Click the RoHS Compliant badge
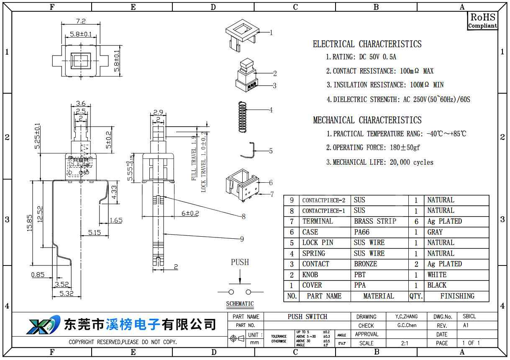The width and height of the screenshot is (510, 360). click(482, 20)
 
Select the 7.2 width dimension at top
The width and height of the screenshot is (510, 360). click(81, 21)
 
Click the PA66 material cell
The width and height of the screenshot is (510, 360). click(362, 232)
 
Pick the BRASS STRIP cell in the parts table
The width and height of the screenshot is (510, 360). click(375, 221)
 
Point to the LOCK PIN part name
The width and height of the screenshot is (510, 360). click(318, 243)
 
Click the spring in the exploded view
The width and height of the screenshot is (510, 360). click(242, 117)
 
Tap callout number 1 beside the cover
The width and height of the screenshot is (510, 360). click(271, 32)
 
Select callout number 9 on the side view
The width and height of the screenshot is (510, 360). click(242, 239)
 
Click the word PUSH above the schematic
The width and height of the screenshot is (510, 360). click(240, 262)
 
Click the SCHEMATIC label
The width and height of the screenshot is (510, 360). click(240, 304)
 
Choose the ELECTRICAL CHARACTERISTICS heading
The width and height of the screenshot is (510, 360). click(367, 44)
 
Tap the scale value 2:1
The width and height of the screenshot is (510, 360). click(405, 343)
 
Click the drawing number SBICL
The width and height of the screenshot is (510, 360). click(469, 317)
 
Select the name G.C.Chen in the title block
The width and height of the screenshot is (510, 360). click(407, 325)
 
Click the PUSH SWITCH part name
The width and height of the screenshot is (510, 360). click(307, 317)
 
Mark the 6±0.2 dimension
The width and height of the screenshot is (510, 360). click(190, 213)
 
